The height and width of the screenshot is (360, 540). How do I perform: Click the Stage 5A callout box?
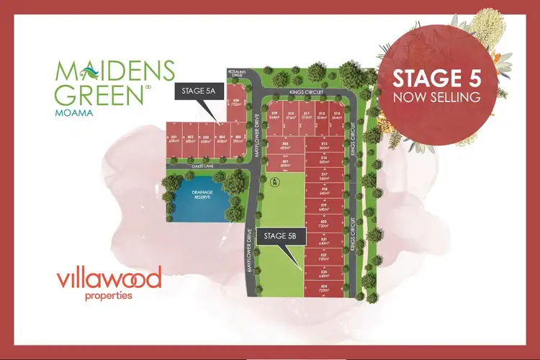(197, 91)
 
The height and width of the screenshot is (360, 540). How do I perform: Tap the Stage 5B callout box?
(286, 235)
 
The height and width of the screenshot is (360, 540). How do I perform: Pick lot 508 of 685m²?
(285, 146)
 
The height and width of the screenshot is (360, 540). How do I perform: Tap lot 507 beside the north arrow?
(285, 164)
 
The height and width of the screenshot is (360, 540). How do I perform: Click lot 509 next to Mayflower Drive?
(274, 116)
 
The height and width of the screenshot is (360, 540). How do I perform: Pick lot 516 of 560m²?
(324, 161)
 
